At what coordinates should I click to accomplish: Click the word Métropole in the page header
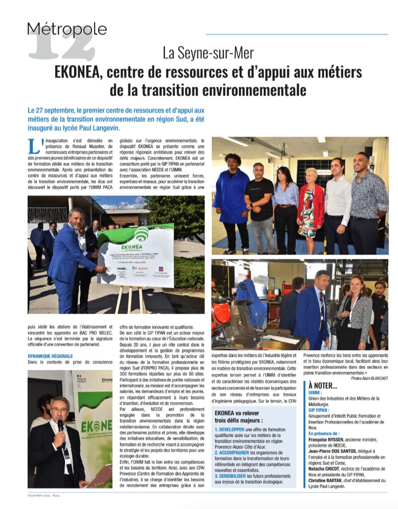pos(67,30)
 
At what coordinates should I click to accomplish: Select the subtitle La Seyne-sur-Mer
pos(208,53)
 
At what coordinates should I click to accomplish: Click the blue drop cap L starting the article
pos(34,146)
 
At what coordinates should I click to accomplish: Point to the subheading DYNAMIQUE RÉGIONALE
pos(50,356)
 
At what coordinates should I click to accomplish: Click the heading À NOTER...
pos(322,385)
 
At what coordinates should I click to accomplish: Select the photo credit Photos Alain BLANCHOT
pos(369,378)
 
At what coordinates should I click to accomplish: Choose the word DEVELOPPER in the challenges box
pos(232,429)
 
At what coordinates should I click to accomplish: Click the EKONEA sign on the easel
pos(136,256)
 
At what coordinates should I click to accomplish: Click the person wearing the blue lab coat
pos(230,199)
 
